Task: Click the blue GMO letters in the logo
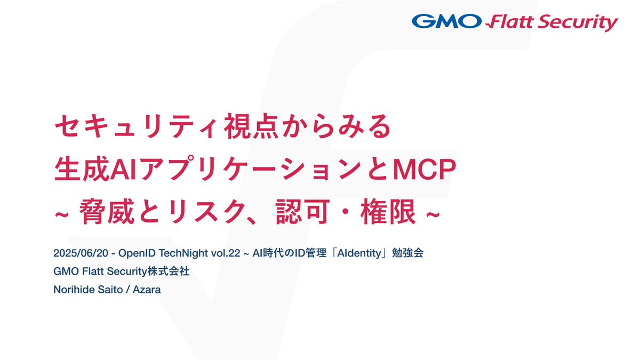[x=446, y=22]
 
